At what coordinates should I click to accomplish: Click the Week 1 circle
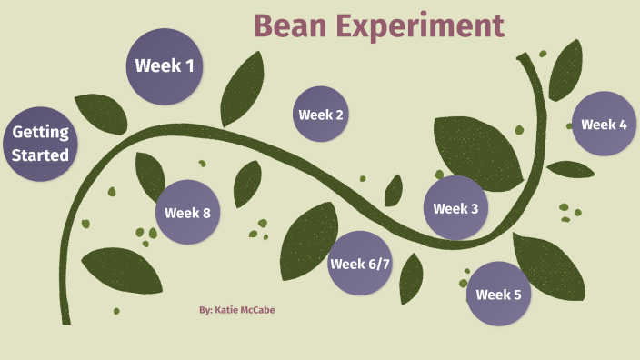click(164, 65)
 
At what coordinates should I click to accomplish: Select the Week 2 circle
click(321, 115)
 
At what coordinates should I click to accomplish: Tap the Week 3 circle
click(455, 208)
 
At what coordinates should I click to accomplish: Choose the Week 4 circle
click(604, 125)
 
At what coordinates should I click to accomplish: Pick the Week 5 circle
click(498, 294)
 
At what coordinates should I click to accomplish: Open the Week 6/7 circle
click(359, 264)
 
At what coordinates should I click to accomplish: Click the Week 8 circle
click(187, 213)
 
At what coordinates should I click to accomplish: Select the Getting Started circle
click(40, 144)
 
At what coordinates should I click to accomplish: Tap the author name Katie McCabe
click(236, 310)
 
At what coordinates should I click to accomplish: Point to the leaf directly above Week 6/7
click(308, 237)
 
